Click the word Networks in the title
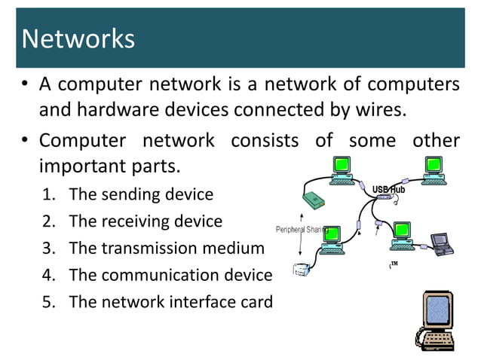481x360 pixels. pyautogui.click(x=78, y=38)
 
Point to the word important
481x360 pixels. pyautogui.click(x=83, y=165)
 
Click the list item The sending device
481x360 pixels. pyautogui.click(x=141, y=195)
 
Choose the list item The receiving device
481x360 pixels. pyautogui.click(x=146, y=221)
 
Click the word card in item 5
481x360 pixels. pyautogui.click(x=257, y=302)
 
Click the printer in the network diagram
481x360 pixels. pyautogui.click(x=302, y=268)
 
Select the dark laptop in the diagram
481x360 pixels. pyautogui.click(x=439, y=242)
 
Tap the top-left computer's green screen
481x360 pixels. pyautogui.click(x=343, y=164)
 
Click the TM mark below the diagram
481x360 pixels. pyautogui.click(x=393, y=265)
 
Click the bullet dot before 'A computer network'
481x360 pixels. pyautogui.click(x=25, y=84)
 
